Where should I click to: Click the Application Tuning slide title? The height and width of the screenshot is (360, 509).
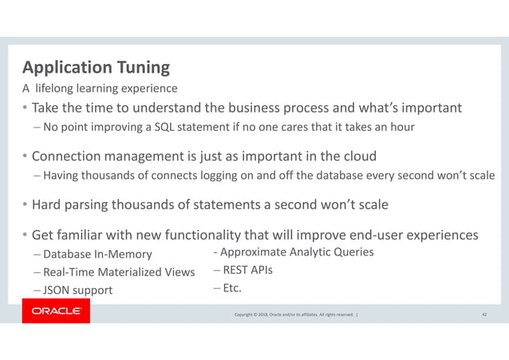(x=95, y=66)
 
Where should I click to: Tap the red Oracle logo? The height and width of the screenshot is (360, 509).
(x=56, y=311)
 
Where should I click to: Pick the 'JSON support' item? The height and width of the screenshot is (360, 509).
(x=77, y=290)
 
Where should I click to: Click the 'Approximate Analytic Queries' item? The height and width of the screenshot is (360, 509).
(x=293, y=253)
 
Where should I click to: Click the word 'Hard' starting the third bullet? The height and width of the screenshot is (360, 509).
(x=49, y=204)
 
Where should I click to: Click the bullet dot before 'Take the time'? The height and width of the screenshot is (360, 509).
(x=26, y=109)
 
